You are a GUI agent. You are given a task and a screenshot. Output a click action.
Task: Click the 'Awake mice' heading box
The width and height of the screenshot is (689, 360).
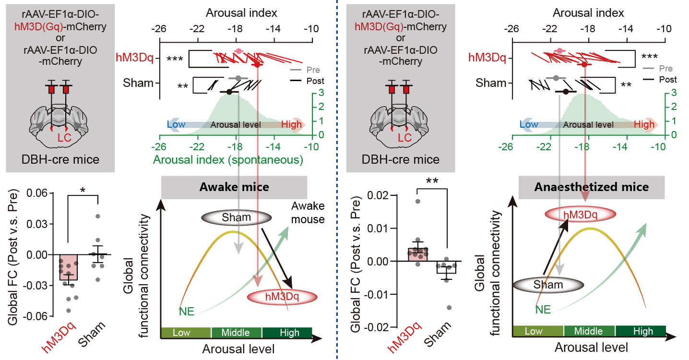tap(234, 187)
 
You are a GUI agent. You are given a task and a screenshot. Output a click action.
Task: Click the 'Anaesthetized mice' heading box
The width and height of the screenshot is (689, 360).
tap(591, 187)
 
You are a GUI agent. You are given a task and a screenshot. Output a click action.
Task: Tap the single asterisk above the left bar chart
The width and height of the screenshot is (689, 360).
tap(82, 191)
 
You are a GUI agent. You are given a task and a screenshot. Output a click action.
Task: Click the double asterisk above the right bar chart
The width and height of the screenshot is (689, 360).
tap(432, 181)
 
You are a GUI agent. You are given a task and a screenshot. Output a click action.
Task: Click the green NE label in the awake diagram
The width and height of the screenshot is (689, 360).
tap(187, 311)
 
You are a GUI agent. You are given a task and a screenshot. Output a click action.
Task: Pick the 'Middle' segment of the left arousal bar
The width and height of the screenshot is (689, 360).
tap(236, 333)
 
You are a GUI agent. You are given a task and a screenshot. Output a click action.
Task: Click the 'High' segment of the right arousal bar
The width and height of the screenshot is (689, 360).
tap(642, 331)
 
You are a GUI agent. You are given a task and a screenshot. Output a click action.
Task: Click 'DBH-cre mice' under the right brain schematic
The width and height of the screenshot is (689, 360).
tap(402, 159)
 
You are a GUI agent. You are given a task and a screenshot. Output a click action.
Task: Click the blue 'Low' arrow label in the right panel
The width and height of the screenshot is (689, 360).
tap(529, 124)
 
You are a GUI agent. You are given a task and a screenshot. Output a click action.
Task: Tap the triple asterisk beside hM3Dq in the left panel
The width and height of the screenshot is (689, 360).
tap(175, 60)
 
